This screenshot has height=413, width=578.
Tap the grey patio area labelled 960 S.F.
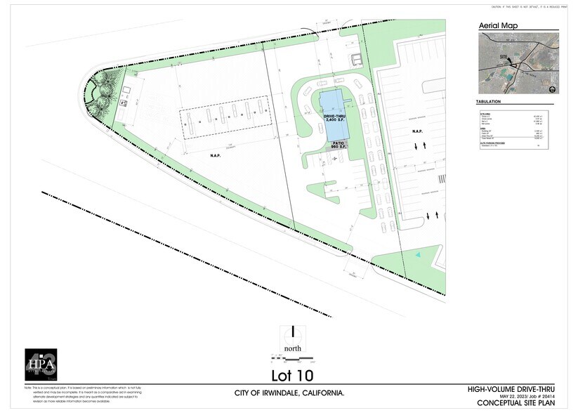(x=336, y=146)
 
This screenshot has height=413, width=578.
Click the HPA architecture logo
(x=40, y=365)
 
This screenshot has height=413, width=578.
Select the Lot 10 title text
(x=292, y=375)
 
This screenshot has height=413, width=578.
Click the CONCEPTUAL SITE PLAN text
(x=516, y=403)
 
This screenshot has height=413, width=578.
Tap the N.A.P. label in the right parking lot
(x=416, y=131)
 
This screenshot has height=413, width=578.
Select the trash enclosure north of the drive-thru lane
(x=356, y=57)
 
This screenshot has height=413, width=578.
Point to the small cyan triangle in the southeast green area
(x=419, y=254)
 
